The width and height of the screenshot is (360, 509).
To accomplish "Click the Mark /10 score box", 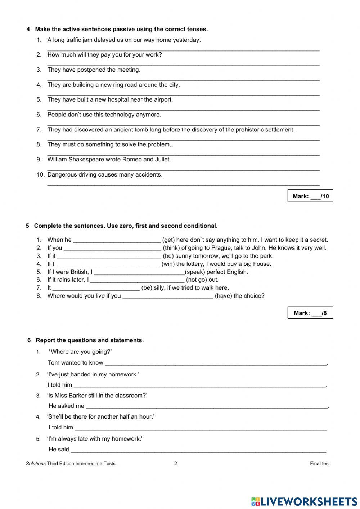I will [310, 196].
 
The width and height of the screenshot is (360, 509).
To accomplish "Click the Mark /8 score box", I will [310, 313].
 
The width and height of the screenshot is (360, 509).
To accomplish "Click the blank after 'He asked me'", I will [207, 406].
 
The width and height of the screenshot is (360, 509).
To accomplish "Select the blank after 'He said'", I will [198, 450].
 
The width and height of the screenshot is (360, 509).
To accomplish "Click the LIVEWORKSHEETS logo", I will [304, 501].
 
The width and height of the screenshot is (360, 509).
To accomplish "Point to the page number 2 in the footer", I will [176, 464].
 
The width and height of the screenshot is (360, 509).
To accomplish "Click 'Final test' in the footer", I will [320, 464].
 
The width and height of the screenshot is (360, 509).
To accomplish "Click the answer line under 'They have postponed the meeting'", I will [183, 79].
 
